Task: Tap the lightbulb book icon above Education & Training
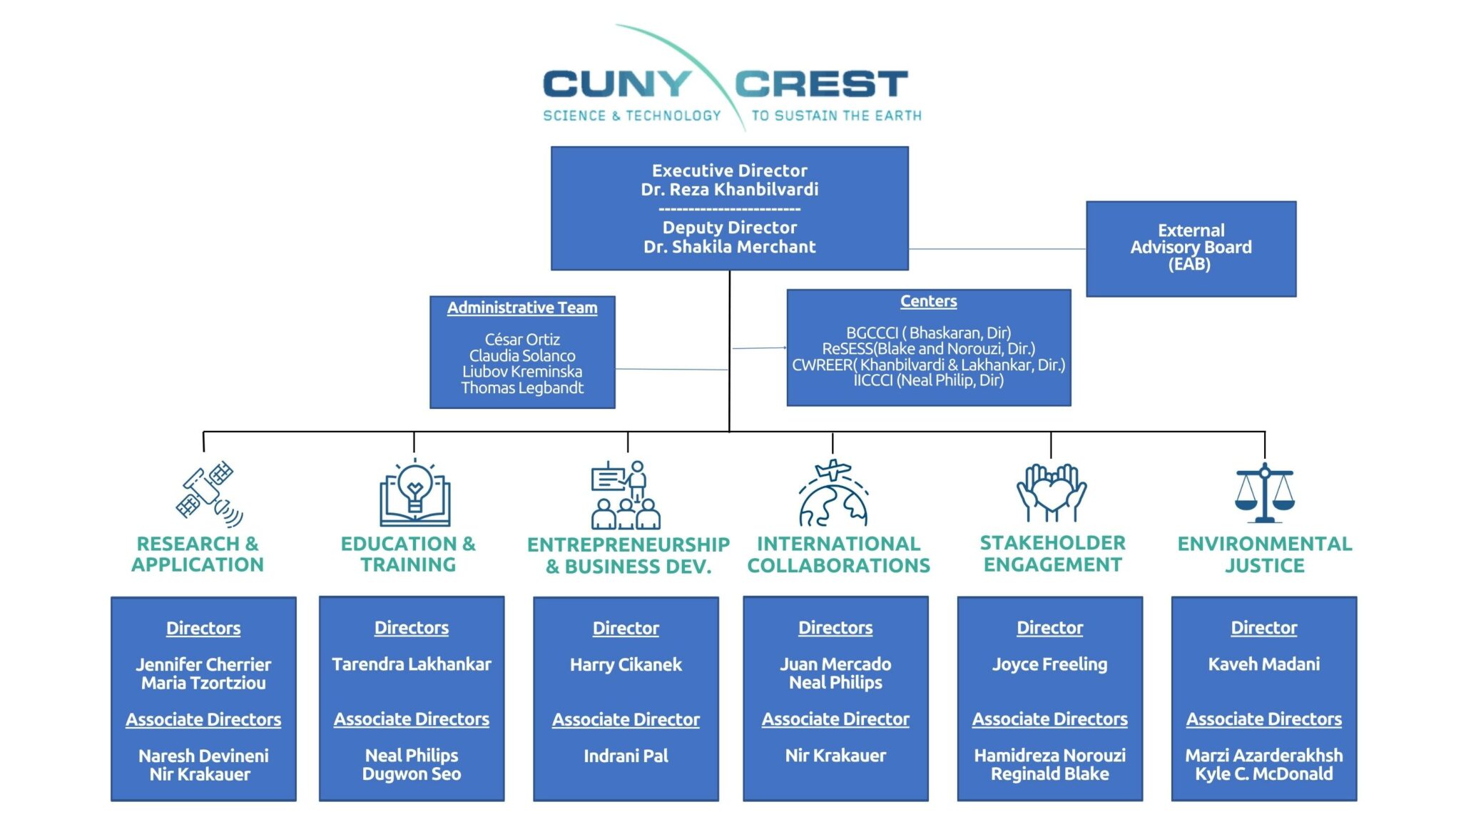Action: click(414, 494)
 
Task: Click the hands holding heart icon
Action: click(1051, 493)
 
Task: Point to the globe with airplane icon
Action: click(833, 494)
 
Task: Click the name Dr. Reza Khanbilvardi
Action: click(729, 190)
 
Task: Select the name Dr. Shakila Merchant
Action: click(729, 247)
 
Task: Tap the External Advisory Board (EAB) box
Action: click(1191, 248)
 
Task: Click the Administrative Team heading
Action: click(522, 308)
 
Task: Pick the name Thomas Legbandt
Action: click(522, 388)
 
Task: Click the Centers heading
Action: click(928, 301)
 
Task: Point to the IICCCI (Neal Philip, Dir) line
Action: click(928, 380)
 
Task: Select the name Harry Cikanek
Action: click(626, 665)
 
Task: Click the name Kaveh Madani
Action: click(1263, 664)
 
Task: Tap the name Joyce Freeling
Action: click(1049, 664)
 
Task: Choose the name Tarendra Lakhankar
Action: click(412, 664)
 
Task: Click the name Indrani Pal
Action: click(626, 756)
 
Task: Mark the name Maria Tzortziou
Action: click(203, 684)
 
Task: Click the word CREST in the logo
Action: click(820, 84)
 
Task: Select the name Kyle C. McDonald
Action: click(1263, 774)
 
